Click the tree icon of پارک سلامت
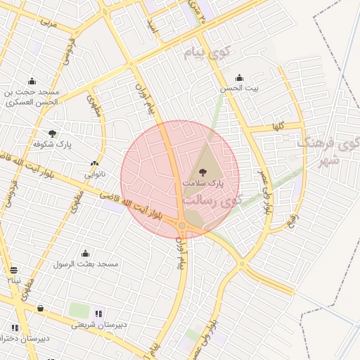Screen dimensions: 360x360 click(202, 172)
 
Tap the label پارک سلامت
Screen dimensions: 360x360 click(202, 182)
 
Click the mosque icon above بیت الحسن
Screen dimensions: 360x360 click(240, 78)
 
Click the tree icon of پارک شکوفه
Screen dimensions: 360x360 click(53, 133)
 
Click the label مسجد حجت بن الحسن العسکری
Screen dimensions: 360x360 click(33, 97)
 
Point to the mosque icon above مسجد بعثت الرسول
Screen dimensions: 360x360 click(86, 254)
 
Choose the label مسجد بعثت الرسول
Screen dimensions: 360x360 click(86, 264)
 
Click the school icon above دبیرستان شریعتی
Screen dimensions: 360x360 click(98, 314)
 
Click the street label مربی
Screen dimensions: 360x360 click(47, 22)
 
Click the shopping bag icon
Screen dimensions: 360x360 click(40, 308)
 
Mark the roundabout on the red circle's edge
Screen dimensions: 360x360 click(182, 225)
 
